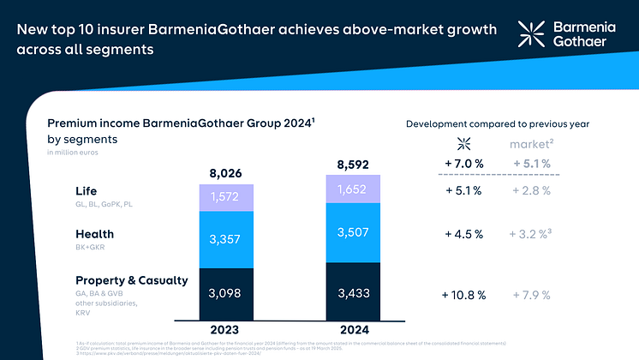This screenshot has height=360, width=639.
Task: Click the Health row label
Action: [94, 233]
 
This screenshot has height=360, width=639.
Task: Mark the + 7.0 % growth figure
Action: [464, 163]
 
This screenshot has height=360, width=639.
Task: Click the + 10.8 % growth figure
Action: [464, 295]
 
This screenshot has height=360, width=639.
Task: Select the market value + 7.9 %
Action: [531, 295]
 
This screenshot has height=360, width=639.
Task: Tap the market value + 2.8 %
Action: [531, 190]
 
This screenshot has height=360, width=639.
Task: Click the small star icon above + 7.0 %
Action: [464, 142]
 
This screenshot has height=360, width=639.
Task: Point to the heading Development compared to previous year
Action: [497, 124]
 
